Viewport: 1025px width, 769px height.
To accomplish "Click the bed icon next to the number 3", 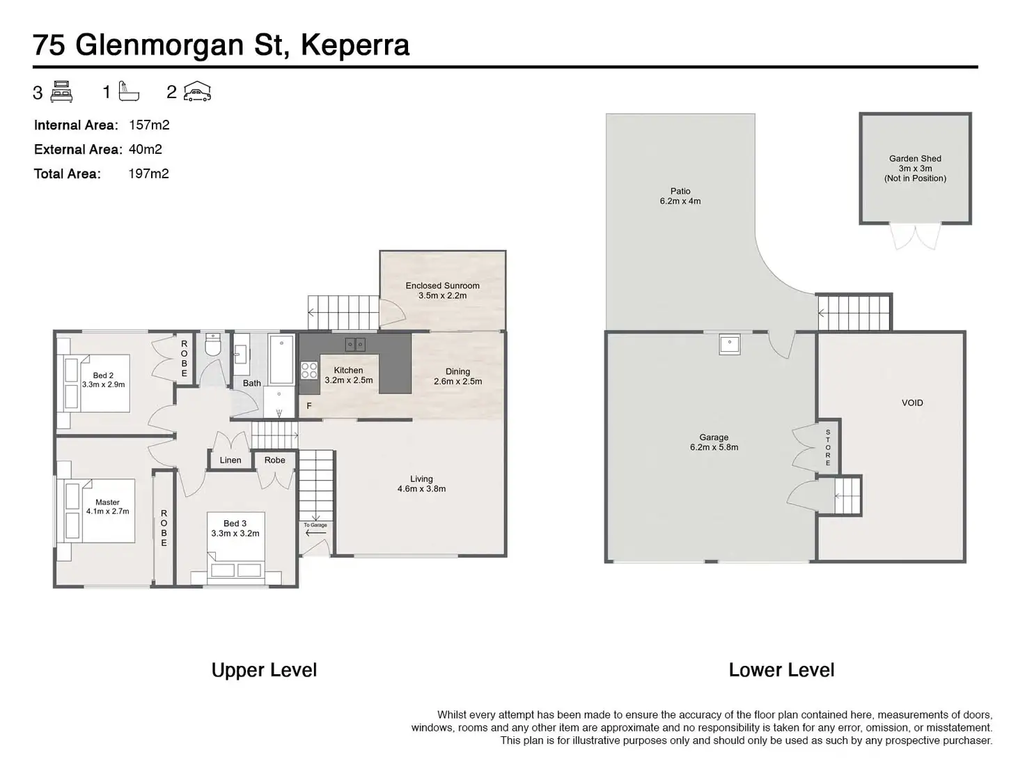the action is tap(61, 91).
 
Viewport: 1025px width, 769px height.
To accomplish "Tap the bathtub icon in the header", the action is tap(129, 91).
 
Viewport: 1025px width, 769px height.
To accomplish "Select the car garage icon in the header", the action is tap(197, 91).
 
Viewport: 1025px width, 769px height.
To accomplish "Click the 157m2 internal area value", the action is tap(149, 125).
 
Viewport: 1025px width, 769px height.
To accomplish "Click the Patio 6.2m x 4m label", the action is tap(680, 196).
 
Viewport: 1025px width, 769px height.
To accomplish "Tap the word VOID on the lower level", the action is tap(912, 403).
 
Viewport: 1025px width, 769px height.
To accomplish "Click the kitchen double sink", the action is tap(355, 345).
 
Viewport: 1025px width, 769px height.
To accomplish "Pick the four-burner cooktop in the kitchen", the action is tap(309, 370).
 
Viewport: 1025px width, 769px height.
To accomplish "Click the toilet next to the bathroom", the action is tap(212, 344).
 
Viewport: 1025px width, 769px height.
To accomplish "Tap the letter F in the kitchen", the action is tap(308, 405).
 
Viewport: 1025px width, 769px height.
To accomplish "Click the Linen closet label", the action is tap(230, 460).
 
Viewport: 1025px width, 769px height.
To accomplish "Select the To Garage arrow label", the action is tap(315, 529).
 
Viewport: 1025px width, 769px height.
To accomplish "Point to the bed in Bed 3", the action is tap(236, 548).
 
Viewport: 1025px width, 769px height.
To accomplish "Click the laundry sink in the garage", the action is tap(729, 345).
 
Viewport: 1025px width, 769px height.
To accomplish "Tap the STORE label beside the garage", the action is tap(828, 448).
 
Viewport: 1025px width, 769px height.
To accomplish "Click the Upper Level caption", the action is tap(264, 670).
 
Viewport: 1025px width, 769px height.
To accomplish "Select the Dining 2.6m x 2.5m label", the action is tap(457, 376).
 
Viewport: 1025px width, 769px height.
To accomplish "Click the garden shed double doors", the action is tap(915, 236).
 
